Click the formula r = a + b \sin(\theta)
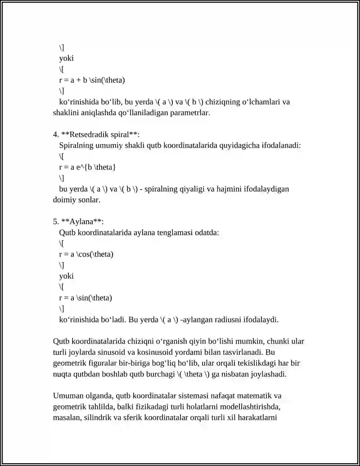point(92,80)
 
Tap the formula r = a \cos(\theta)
point(86,254)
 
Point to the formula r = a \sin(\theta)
point(85,298)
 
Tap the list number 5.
point(56,221)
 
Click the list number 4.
point(56,134)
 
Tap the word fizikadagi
point(155,407)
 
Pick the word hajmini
point(230,189)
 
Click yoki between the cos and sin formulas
point(66,276)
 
